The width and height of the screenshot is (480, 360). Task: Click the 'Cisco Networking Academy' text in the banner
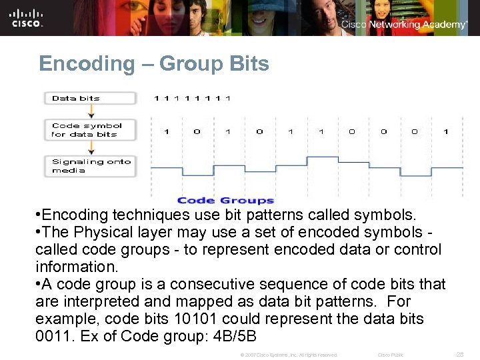[404, 25]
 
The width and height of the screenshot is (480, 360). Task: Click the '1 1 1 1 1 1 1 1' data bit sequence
[192, 99]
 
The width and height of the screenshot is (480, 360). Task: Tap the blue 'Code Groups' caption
[225, 200]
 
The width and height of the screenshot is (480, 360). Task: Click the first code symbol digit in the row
[166, 132]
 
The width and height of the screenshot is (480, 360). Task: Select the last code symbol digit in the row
[445, 132]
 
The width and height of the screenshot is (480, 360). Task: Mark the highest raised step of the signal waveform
[321, 158]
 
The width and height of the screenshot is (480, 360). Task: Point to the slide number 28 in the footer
[459, 354]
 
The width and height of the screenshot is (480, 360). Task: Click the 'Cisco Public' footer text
[391, 355]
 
